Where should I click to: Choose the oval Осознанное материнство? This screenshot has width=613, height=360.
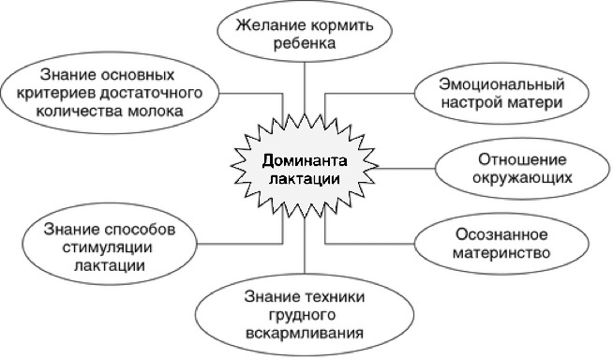coord(501,243)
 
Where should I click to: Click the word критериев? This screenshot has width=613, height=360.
coord(64,91)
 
